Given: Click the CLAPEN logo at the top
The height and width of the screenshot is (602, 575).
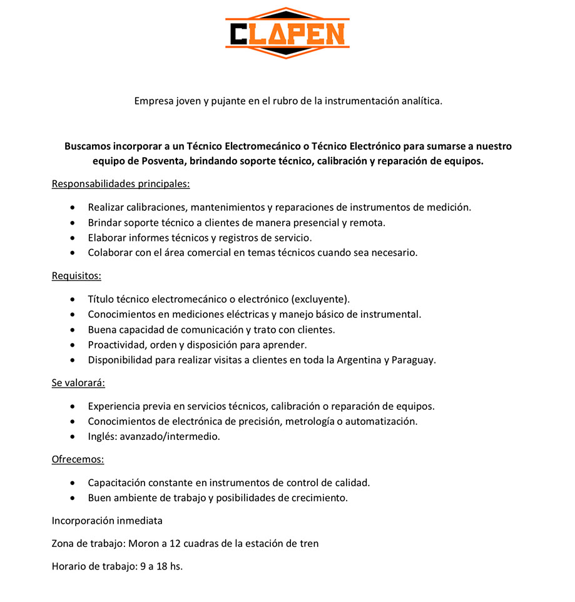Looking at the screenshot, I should pyautogui.click(x=287, y=33).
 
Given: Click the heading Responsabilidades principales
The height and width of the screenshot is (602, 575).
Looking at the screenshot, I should pyautogui.click(x=120, y=184).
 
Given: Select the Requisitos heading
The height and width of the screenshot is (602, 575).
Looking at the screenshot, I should pyautogui.click(x=76, y=275).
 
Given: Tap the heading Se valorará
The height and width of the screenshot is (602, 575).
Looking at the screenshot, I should pyautogui.click(x=78, y=382).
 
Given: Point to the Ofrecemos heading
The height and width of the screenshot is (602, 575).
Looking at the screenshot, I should pyautogui.click(x=78, y=459).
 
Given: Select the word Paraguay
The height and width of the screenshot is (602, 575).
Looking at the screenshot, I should pyautogui.click(x=413, y=360).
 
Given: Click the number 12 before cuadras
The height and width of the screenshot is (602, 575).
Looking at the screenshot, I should pyautogui.click(x=175, y=543).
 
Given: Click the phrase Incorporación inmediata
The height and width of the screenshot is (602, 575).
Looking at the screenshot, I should pyautogui.click(x=107, y=520).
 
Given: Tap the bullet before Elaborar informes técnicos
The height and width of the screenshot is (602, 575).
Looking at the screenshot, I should pyautogui.click(x=74, y=238).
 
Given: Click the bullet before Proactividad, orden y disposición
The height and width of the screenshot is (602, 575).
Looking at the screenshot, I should pyautogui.click(x=74, y=345).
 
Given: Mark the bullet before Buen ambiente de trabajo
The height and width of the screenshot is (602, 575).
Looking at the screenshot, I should pyautogui.click(x=74, y=498).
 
